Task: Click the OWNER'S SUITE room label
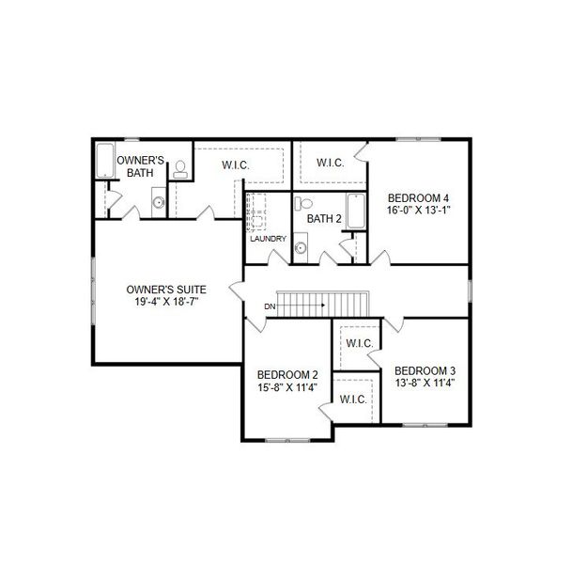(x=167, y=290)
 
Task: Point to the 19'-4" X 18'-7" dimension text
(x=167, y=303)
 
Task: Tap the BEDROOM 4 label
(x=418, y=197)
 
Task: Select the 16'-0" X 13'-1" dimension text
(x=418, y=211)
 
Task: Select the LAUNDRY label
(x=268, y=239)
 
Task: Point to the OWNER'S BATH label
(x=142, y=167)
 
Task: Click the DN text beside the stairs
(x=270, y=306)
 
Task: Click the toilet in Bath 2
(x=302, y=203)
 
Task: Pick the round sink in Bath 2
(x=301, y=248)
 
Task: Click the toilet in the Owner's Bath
(x=180, y=168)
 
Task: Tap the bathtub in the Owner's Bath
(x=105, y=162)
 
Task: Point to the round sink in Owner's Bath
(x=159, y=202)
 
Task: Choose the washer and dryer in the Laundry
(x=255, y=213)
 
